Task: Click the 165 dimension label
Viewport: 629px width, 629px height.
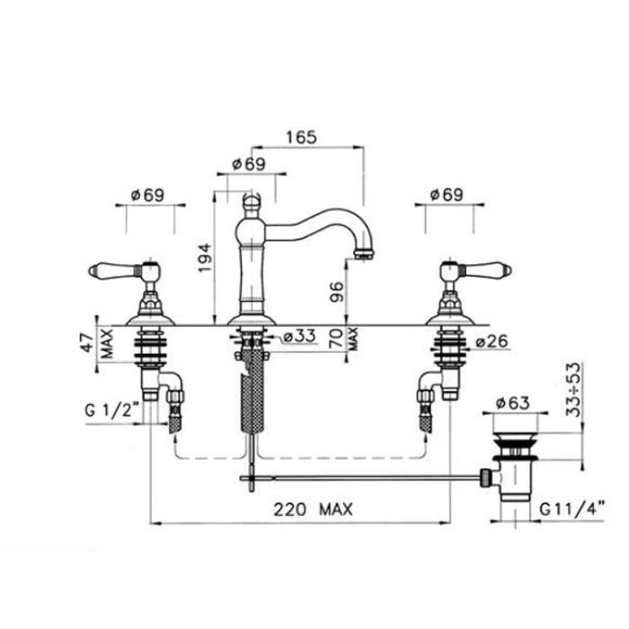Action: click(x=301, y=137)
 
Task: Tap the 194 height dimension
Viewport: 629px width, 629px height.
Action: click(x=205, y=257)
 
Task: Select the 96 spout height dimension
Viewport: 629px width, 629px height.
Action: click(x=337, y=292)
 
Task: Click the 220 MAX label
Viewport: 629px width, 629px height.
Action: click(x=313, y=509)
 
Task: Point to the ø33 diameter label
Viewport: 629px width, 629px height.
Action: click(x=299, y=336)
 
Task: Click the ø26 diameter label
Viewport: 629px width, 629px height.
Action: click(x=492, y=341)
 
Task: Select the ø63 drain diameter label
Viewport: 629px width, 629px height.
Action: click(x=513, y=403)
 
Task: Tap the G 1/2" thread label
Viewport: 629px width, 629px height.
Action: click(x=112, y=410)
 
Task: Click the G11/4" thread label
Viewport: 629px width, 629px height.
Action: click(x=571, y=509)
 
